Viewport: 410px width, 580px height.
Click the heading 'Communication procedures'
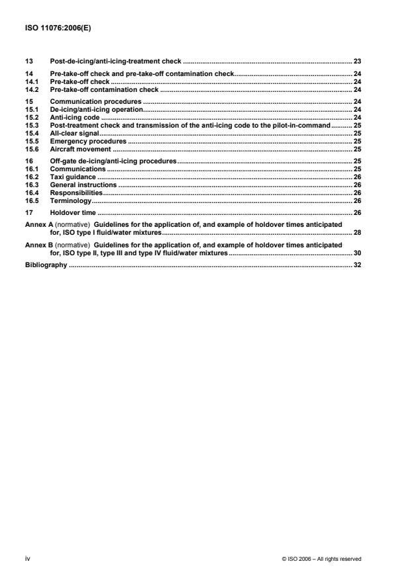[96, 102]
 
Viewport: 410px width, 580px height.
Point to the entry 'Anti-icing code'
[75, 116]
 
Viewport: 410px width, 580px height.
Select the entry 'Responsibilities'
[77, 192]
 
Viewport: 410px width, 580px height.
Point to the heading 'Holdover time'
[74, 213]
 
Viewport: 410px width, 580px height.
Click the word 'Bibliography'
[46, 265]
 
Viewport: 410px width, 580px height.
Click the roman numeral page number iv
[27, 558]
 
